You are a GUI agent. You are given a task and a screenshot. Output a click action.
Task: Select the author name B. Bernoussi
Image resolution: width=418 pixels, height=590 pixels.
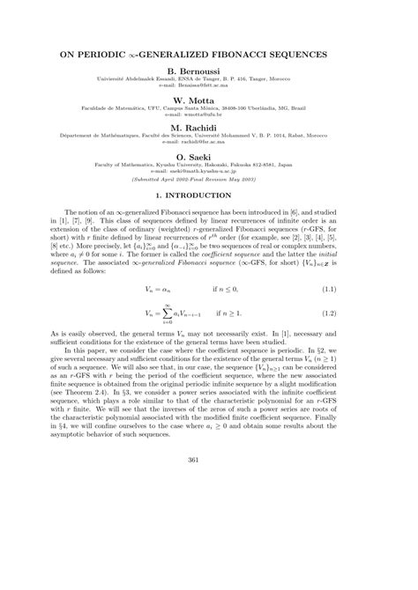pos(208,71)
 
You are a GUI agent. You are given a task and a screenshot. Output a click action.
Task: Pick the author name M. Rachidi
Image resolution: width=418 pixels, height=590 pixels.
pos(208,128)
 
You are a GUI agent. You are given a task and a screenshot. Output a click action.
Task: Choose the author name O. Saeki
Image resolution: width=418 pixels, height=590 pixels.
pos(208,156)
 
